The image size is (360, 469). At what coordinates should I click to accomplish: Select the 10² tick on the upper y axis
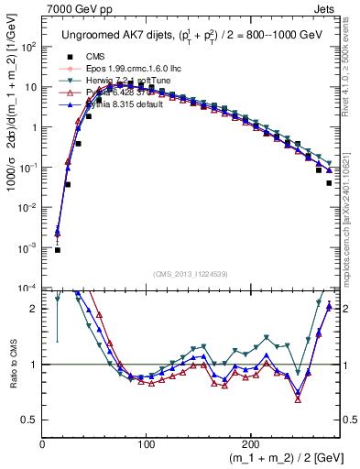28,47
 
